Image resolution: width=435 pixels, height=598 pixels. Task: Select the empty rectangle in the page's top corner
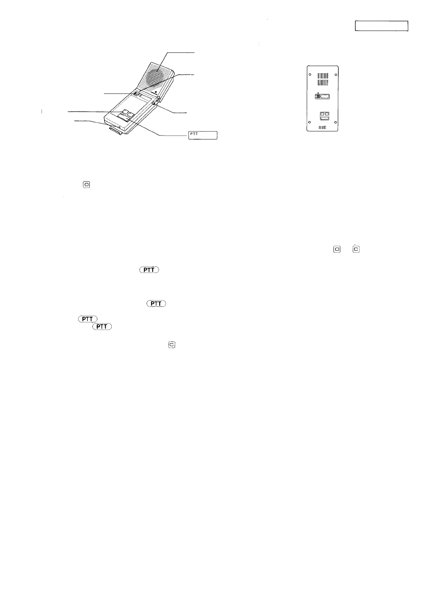(x=381, y=26)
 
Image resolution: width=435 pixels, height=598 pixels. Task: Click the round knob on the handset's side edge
(x=154, y=102)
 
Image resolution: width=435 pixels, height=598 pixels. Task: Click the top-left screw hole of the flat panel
(x=310, y=75)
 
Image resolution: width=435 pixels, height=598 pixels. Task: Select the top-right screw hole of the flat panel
(x=336, y=75)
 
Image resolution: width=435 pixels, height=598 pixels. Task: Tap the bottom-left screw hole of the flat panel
(x=310, y=122)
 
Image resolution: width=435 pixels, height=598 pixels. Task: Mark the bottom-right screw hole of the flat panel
(x=335, y=122)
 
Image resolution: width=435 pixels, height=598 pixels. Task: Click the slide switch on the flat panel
(x=322, y=97)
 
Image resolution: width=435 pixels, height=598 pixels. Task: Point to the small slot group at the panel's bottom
(x=322, y=127)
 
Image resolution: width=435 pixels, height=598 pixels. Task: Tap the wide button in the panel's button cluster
(x=323, y=118)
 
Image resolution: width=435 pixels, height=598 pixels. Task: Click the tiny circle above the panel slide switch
(x=318, y=92)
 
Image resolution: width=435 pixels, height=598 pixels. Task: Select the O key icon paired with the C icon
(x=337, y=249)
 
